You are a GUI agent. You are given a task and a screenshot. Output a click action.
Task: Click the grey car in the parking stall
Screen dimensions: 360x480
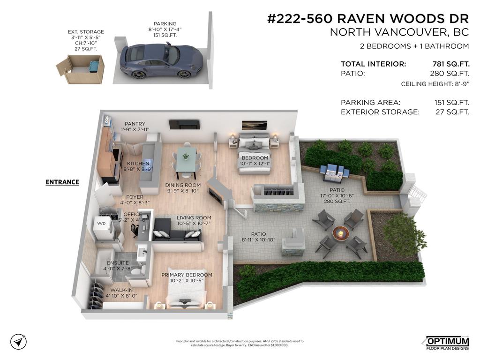pyautogui.click(x=161, y=60)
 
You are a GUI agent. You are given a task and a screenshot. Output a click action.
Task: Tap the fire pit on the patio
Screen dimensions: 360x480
pyautogui.click(x=340, y=232)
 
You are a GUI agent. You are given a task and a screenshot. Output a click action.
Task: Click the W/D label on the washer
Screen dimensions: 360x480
pyautogui.click(x=101, y=224)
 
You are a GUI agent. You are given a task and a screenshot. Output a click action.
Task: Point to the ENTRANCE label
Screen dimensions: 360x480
pyautogui.click(x=62, y=182)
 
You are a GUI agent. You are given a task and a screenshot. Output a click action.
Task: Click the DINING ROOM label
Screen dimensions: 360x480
pyautogui.click(x=183, y=185)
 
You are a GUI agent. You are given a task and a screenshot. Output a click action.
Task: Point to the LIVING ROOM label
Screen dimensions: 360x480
pyautogui.click(x=194, y=217)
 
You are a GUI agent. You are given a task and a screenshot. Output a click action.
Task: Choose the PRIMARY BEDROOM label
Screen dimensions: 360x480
pyautogui.click(x=187, y=275)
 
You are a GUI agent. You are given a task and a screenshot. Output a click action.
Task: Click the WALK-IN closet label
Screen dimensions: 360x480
pyautogui.click(x=121, y=290)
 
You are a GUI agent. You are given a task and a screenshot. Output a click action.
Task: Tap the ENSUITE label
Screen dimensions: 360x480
pyautogui.click(x=118, y=263)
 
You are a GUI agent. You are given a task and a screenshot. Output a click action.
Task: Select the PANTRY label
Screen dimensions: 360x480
pyautogui.click(x=135, y=124)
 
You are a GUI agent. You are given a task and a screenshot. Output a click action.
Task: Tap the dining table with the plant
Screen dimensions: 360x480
pyautogui.click(x=186, y=161)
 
